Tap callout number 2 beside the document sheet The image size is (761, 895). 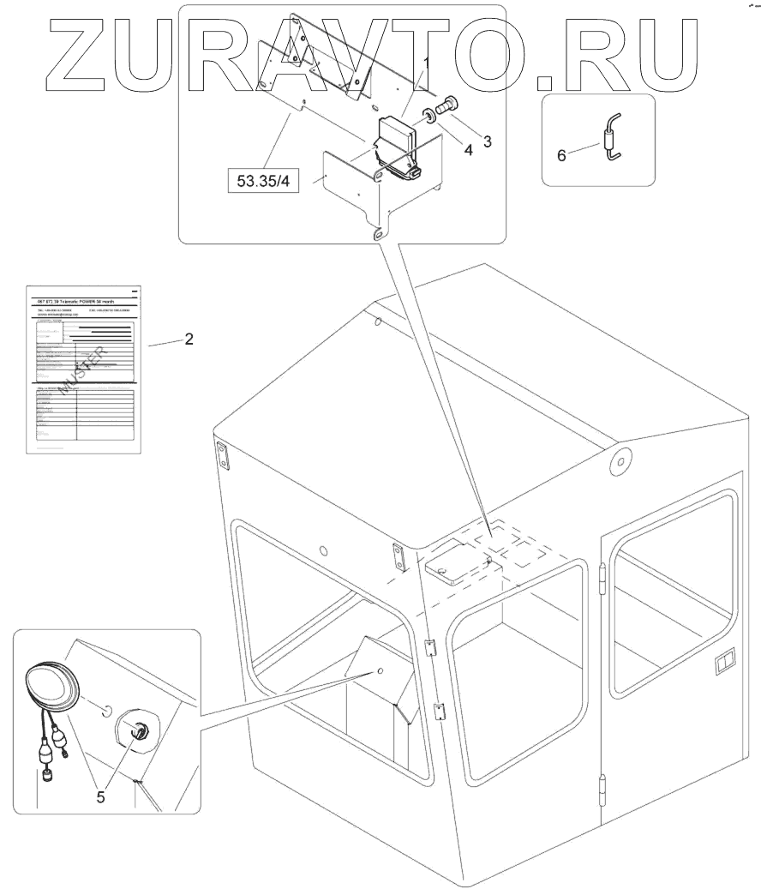(x=189, y=339)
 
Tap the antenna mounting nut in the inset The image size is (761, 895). (x=136, y=730)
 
